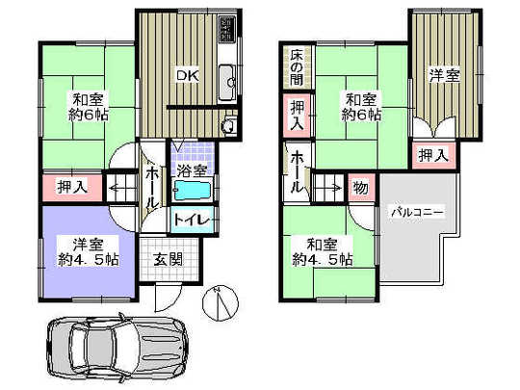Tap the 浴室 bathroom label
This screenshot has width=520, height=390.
pyautogui.click(x=191, y=170)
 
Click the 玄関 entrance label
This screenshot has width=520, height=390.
pyautogui.click(x=169, y=258)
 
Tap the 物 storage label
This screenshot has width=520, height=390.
pyautogui.click(x=359, y=187)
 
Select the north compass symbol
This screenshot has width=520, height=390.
pyautogui.click(x=221, y=306)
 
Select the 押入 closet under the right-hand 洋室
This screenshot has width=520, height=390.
pyautogui.click(x=431, y=154)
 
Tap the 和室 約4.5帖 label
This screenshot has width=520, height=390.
pyautogui.click(x=324, y=251)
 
